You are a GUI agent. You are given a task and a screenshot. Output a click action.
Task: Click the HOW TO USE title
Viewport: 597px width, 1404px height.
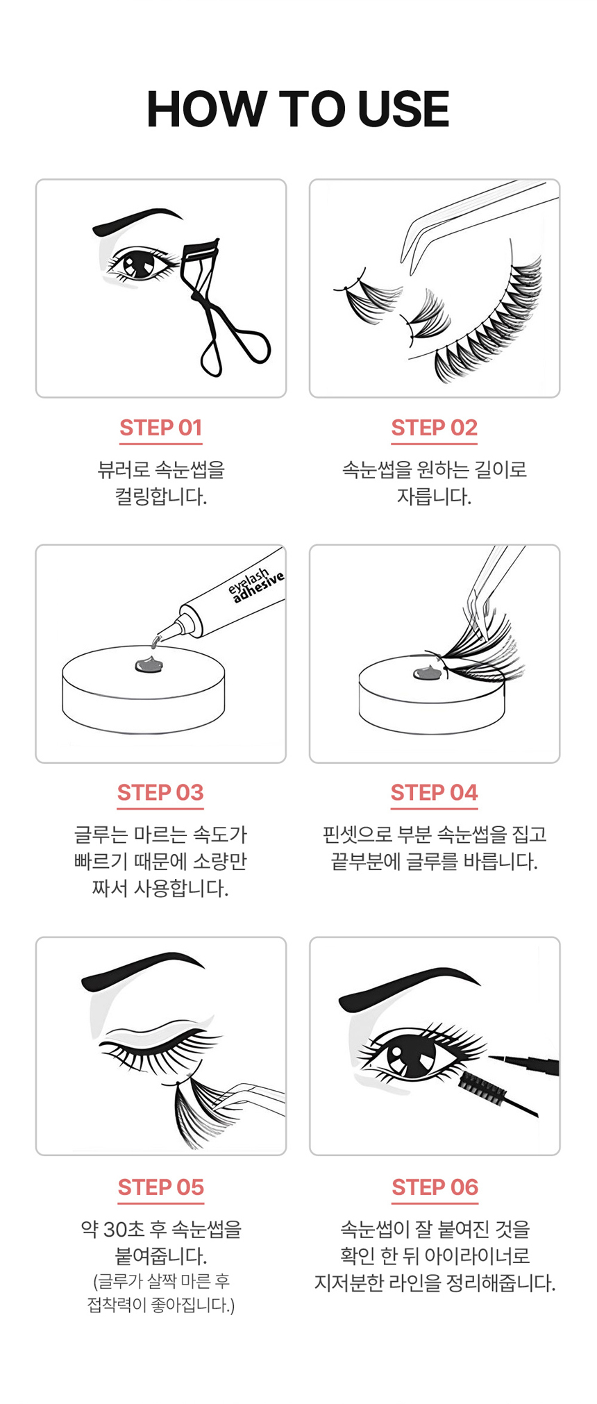click(298, 110)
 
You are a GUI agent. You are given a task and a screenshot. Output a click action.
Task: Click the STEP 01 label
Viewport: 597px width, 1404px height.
click(160, 428)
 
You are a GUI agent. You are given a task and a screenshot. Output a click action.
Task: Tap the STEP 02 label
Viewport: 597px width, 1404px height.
click(434, 428)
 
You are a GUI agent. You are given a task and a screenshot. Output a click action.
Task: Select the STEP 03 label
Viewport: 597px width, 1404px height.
click(160, 792)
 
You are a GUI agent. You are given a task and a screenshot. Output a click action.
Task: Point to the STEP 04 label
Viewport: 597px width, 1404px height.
click(434, 792)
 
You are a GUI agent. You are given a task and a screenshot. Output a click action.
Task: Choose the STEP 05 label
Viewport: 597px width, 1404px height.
click(160, 1187)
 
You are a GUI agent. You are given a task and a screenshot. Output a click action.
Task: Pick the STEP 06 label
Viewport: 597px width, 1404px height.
click(435, 1187)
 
